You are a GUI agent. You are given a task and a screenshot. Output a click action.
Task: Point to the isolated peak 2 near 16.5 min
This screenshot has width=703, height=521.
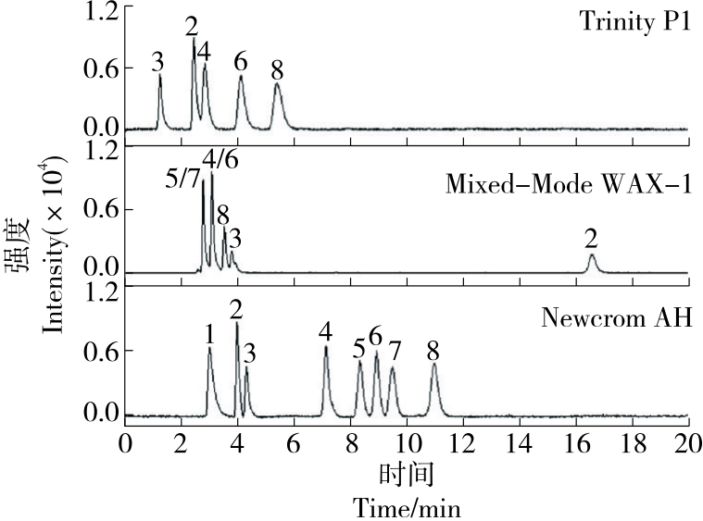pos(592,262)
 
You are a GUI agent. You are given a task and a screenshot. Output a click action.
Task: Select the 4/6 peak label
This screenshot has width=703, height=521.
pos(220,158)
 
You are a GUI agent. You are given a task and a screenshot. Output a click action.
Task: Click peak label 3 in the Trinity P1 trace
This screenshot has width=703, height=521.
pos(158,62)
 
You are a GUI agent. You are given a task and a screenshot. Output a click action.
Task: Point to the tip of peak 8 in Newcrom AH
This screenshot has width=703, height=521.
pos(433,364)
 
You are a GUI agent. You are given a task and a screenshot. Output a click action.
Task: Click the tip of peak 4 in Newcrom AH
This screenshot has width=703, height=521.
pos(326,347)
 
